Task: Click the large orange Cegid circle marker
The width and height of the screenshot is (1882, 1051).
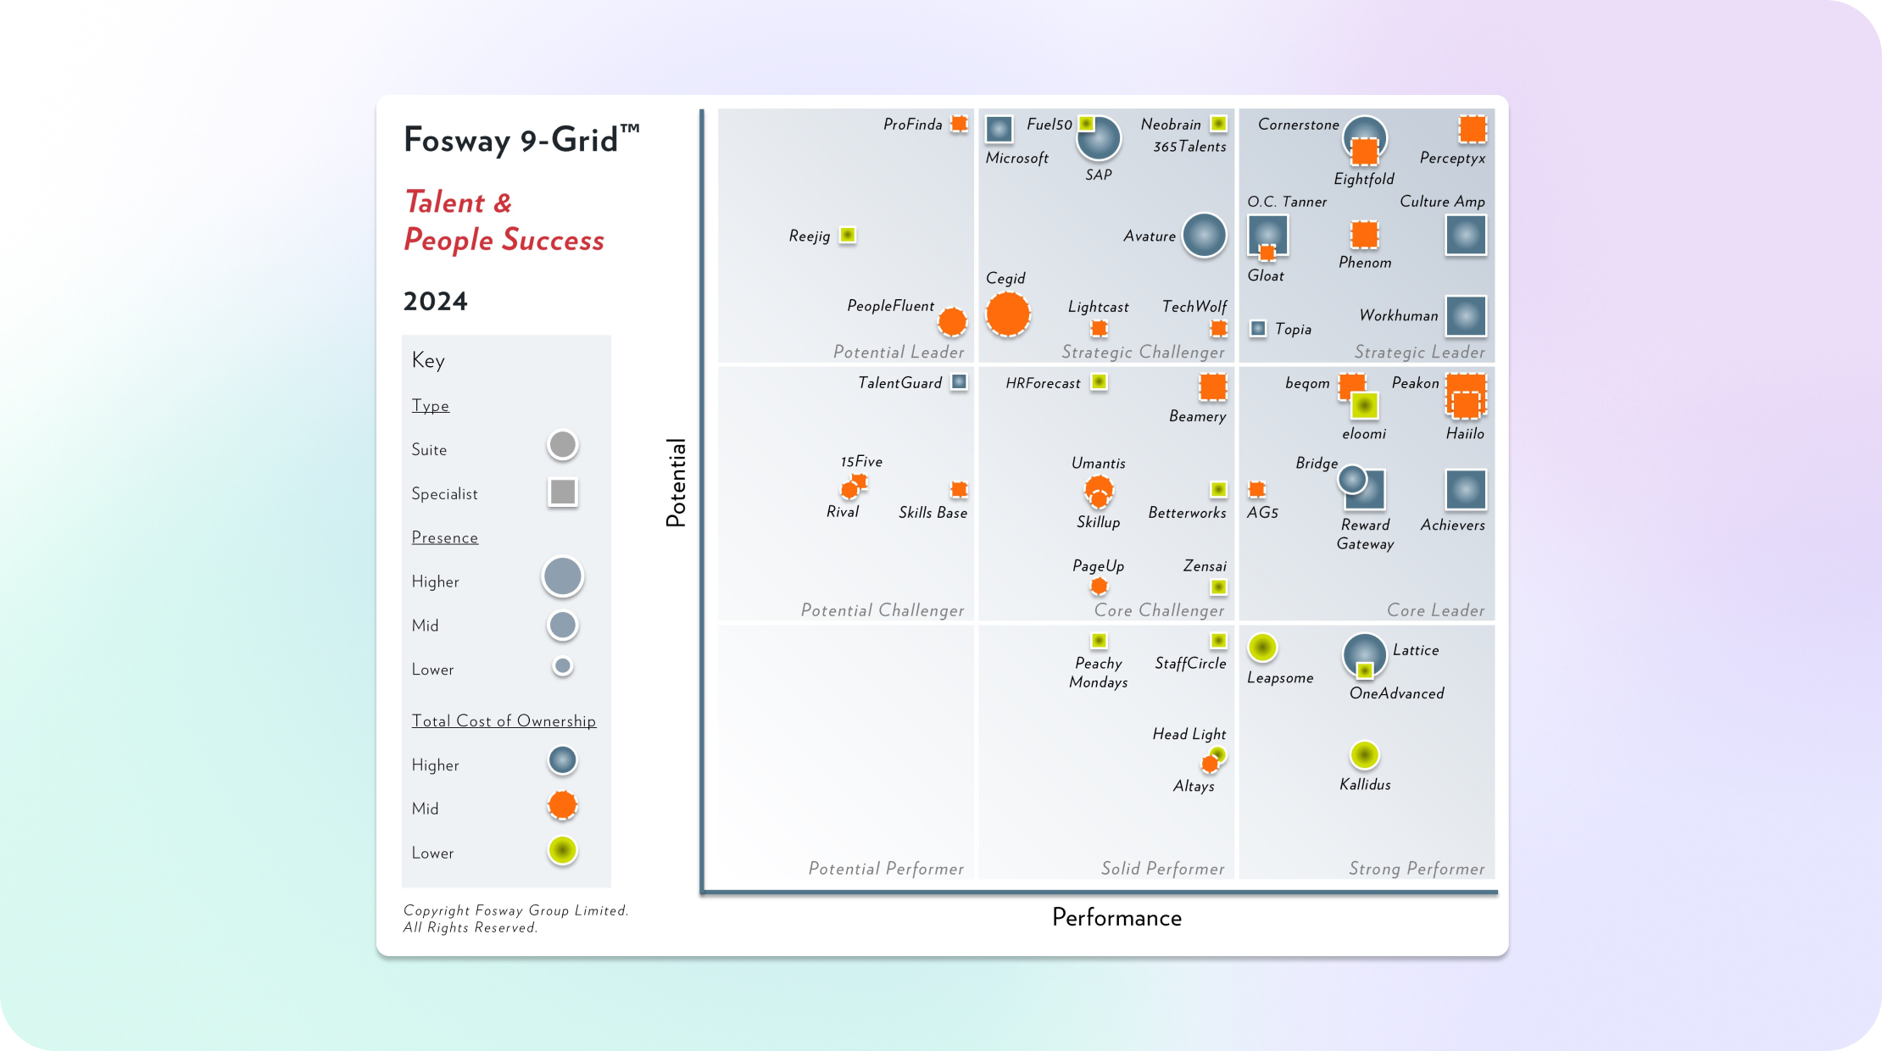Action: pos(1007,314)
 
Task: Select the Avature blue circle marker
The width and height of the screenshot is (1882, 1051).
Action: pos(1204,235)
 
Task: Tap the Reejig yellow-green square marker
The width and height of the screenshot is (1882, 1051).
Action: pos(847,235)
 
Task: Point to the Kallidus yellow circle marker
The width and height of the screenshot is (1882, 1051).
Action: pos(1364,754)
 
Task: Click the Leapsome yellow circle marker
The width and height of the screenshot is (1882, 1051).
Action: pos(1262,648)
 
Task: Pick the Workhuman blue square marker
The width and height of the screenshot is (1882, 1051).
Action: pos(1466,316)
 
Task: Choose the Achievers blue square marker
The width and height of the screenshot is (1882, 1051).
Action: pos(1466,490)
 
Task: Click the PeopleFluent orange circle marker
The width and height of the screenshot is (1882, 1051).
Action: pos(952,321)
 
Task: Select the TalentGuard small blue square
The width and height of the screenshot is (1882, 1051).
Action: pos(959,382)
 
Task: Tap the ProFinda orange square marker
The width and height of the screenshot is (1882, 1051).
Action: pos(959,124)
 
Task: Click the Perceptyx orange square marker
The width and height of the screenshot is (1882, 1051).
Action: pos(1473,129)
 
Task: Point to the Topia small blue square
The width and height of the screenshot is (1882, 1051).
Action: pos(1258,328)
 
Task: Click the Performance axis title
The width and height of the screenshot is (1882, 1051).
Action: pos(1116,917)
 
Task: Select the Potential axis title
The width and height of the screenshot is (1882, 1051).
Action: pos(676,482)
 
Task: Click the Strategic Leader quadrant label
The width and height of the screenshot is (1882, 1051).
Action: pos(1419,352)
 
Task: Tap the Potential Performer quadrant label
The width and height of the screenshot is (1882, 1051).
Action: pos(886,868)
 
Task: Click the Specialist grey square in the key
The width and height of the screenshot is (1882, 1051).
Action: pos(562,492)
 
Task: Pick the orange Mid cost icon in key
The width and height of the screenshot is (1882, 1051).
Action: pos(562,805)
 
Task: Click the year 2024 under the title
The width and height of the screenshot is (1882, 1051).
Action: pos(435,301)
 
